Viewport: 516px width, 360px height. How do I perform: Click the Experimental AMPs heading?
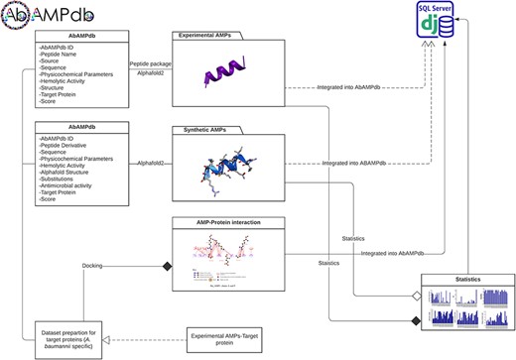pyautogui.click(x=206, y=36)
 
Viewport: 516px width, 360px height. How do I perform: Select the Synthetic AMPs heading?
pyautogui.click(x=202, y=130)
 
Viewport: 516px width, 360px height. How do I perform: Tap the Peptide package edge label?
pyautogui.click(x=148, y=62)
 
